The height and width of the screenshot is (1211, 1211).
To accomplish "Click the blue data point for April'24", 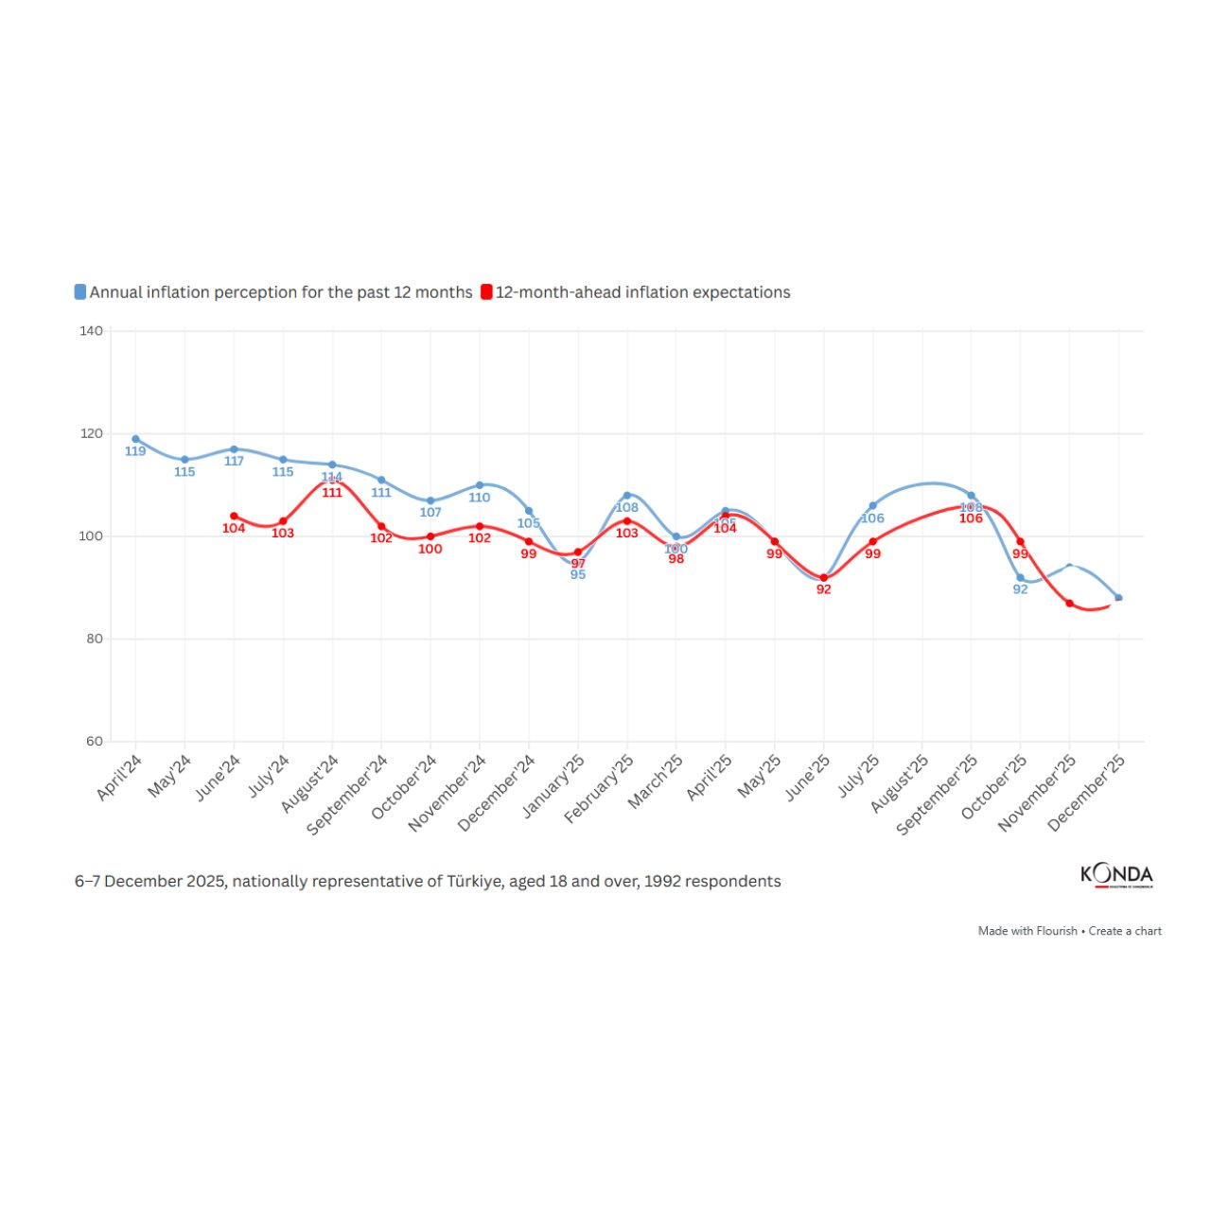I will [x=135, y=439].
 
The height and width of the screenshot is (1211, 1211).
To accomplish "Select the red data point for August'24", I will [x=332, y=481].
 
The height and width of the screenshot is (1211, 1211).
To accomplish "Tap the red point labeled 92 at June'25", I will [x=824, y=578].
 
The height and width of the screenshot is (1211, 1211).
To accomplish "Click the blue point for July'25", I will [x=872, y=506].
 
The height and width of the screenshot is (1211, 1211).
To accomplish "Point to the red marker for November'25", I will [x=1069, y=604].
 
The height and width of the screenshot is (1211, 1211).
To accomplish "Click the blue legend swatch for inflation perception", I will [x=80, y=292].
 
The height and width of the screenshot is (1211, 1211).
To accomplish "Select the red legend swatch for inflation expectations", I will [x=486, y=292].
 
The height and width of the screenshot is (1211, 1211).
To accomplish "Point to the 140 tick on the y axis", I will [x=92, y=331].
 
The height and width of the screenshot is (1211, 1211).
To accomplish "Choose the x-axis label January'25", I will [x=554, y=785].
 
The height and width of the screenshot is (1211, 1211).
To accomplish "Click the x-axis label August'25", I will [x=901, y=783].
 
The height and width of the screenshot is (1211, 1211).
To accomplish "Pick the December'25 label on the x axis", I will [x=1087, y=793].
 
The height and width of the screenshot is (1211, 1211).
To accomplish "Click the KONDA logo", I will [x=1116, y=874].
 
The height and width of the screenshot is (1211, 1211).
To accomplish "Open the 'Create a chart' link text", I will [x=1125, y=931].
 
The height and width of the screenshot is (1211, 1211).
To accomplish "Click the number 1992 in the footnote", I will [x=662, y=882].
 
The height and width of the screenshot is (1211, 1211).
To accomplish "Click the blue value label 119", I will [x=135, y=451].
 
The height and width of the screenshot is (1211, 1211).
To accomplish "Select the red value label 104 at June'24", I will [x=234, y=528].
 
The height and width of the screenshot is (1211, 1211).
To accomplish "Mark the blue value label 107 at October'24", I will [x=430, y=513].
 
